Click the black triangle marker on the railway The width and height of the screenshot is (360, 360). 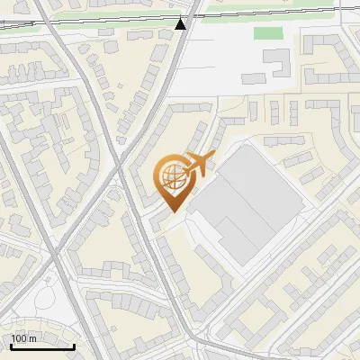(x=181, y=24)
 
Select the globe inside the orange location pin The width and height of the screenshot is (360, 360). (x=170, y=175)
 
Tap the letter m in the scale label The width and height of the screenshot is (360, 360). (x=32, y=338)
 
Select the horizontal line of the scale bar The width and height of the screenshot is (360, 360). (x=42, y=346)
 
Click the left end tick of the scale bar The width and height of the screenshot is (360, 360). (x=11, y=344)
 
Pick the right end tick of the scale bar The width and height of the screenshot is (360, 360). (x=74, y=344)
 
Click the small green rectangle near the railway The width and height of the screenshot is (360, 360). (x=268, y=33)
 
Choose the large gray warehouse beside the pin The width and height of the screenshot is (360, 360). (x=247, y=203)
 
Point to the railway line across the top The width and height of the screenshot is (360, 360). (x=90, y=19)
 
